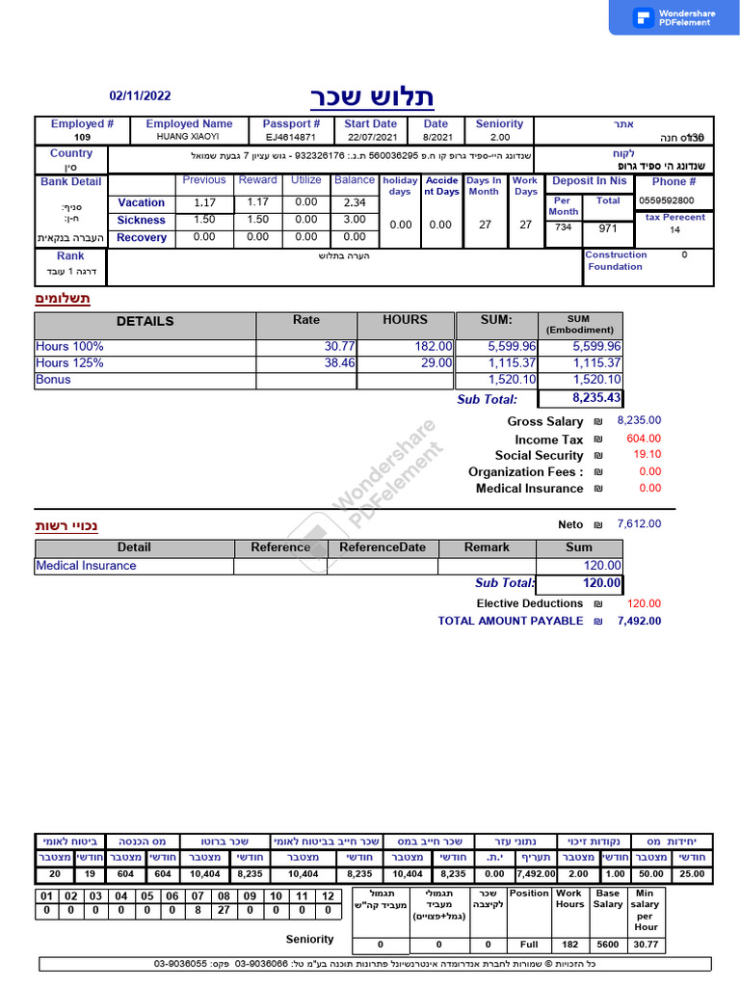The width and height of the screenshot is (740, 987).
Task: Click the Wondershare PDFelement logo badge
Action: click(674, 17)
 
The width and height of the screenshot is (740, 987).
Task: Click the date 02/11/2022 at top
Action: click(141, 95)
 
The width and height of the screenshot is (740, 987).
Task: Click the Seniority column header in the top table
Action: click(499, 124)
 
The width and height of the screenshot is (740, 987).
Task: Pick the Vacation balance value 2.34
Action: click(355, 202)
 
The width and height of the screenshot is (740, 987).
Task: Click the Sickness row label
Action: click(142, 220)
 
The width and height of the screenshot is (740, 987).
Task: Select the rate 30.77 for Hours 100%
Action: click(339, 346)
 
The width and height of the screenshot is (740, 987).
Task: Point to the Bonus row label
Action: click(53, 379)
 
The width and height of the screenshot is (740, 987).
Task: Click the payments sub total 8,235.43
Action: click(596, 397)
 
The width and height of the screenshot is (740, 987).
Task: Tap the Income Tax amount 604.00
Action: click(644, 439)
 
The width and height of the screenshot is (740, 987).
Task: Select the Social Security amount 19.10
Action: click(647, 455)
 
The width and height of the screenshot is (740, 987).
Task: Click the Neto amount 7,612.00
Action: click(639, 524)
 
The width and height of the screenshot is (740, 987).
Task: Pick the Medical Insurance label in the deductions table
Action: click(86, 566)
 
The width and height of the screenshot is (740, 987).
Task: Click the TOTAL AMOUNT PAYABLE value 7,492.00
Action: click(639, 621)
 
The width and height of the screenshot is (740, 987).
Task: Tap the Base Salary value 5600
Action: click(608, 945)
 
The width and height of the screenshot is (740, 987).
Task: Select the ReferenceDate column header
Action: click(383, 547)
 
